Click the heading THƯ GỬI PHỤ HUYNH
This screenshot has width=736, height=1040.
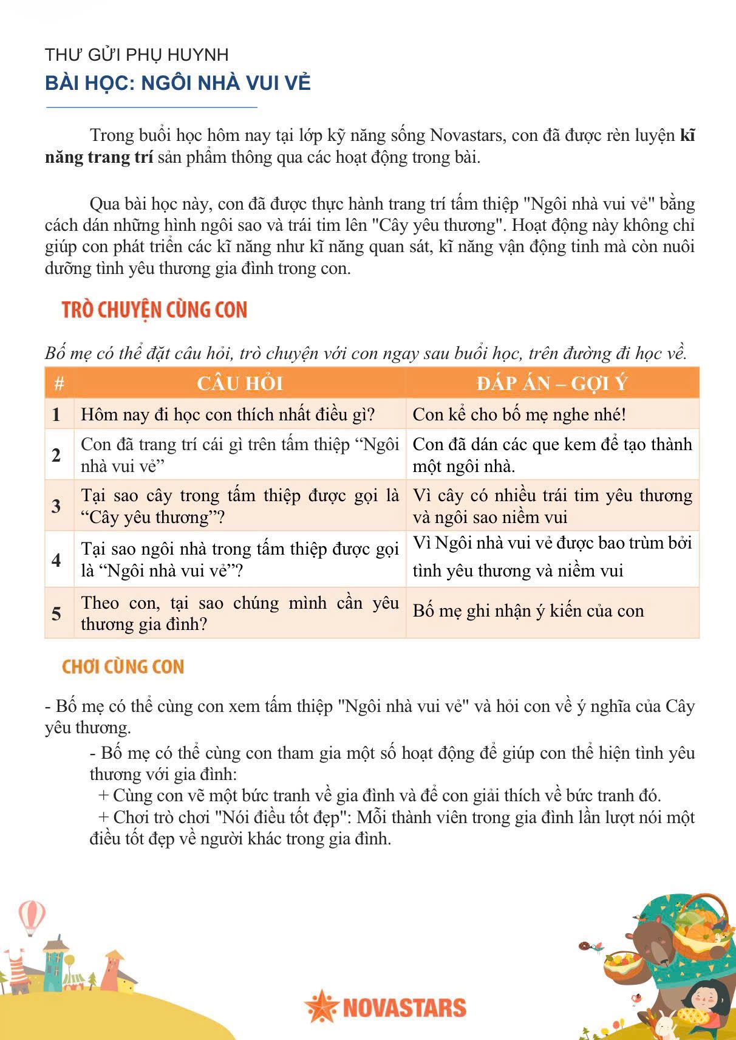pos(137,55)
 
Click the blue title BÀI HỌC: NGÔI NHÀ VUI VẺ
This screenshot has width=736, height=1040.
pos(177,83)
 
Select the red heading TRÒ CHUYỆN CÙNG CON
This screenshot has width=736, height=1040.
pos(154,310)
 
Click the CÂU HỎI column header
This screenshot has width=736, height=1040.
pos(239,383)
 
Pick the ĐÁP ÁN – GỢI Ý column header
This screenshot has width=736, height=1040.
pos(551,383)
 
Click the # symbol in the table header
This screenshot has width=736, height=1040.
pos(59,384)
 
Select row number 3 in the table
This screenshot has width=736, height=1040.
pos(56,505)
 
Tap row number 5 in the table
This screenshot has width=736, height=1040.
pos(56,613)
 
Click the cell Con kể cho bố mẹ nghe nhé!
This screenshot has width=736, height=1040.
pos(519,414)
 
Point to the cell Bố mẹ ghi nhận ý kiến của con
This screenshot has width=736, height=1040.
pos(528,611)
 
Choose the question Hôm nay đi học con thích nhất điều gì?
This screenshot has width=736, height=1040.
pos(228,414)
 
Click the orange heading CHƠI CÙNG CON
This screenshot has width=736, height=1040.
pos(123,667)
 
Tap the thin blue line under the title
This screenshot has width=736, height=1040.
pos(152,108)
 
